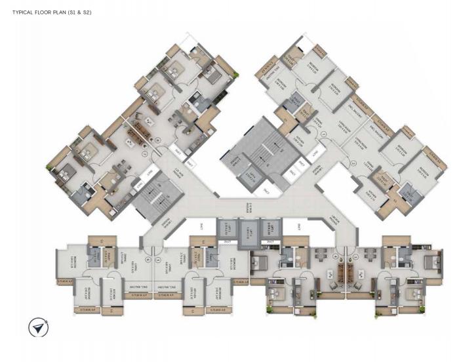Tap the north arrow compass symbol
tap(39, 327)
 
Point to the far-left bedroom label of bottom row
tap(68, 259)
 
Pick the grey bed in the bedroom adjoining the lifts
tap(257, 262)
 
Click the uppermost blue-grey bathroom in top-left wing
tap(196, 103)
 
